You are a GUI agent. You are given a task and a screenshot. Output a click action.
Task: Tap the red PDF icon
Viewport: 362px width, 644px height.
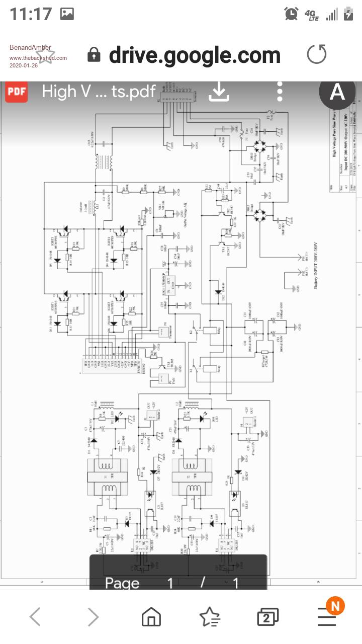click(16, 92)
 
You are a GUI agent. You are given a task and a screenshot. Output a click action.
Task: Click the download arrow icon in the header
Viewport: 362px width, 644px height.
click(219, 92)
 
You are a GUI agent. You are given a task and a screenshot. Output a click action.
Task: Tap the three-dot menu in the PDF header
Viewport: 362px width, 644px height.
click(280, 92)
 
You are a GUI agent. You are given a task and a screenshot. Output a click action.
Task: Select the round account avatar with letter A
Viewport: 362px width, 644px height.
click(336, 92)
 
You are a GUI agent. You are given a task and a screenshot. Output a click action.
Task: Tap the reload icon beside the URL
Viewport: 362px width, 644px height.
click(316, 54)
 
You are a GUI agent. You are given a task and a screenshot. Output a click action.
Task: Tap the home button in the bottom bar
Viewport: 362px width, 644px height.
click(151, 616)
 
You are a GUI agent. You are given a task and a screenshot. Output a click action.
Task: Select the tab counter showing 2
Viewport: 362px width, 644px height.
click(267, 617)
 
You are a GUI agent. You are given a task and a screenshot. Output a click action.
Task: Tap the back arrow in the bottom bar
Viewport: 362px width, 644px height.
click(35, 616)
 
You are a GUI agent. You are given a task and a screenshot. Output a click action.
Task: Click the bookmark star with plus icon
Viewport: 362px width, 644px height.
click(209, 616)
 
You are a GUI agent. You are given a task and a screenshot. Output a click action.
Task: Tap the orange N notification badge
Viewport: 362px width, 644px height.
click(335, 606)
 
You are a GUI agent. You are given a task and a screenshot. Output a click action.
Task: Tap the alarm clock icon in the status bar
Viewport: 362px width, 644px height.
click(291, 14)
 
